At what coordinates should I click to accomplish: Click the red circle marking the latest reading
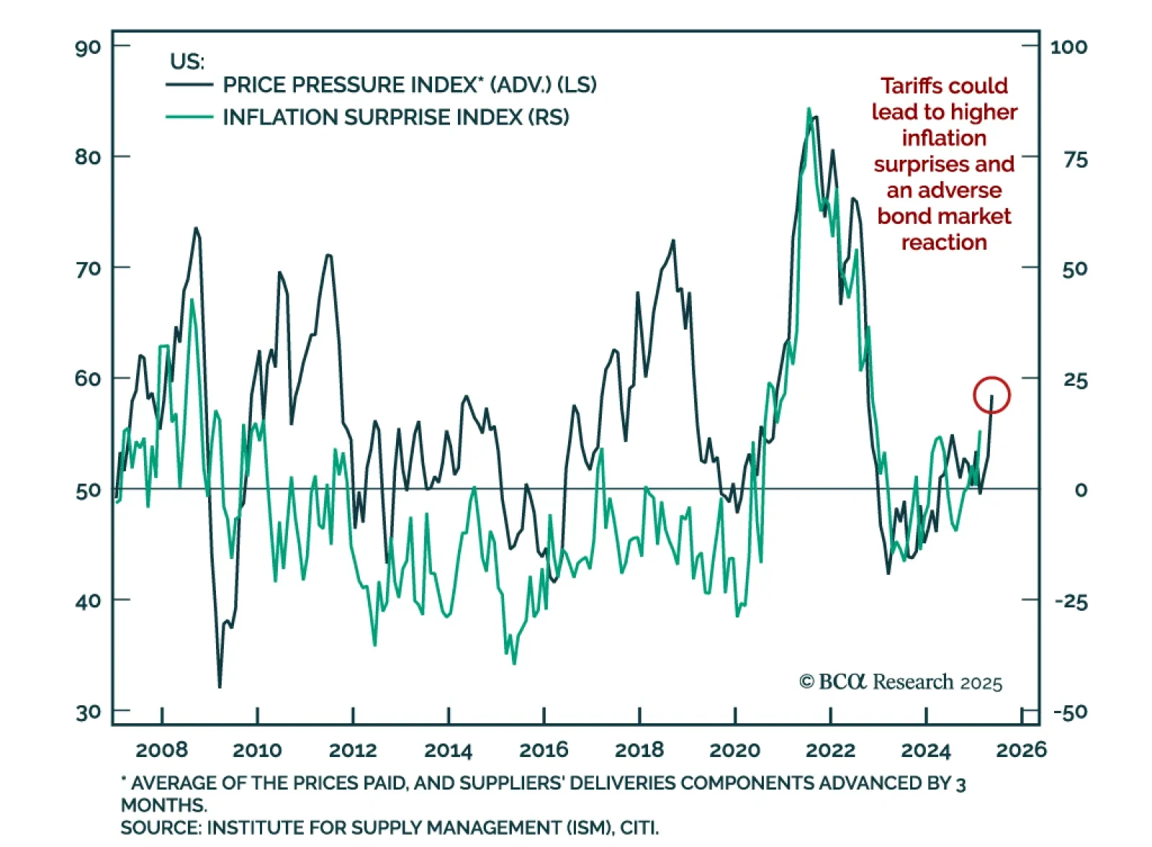(x=991, y=395)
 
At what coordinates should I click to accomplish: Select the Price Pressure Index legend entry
(x=409, y=85)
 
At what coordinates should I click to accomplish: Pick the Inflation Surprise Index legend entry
(x=395, y=117)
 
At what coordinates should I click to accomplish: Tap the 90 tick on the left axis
(x=88, y=47)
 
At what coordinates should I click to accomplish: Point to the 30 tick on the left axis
(x=88, y=712)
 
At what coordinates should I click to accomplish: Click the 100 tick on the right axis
(x=1068, y=47)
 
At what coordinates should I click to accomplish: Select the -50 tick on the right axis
(x=1070, y=712)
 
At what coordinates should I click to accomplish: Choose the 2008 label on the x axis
(x=161, y=750)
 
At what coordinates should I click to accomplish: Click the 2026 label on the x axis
(x=1020, y=750)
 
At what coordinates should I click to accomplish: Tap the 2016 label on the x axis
(x=544, y=750)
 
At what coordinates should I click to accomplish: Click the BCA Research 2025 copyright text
(x=901, y=681)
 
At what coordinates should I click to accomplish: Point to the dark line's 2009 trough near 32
(x=220, y=687)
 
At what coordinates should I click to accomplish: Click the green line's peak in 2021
(x=809, y=109)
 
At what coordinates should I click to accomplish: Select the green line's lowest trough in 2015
(x=514, y=663)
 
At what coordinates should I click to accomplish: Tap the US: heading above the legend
(x=187, y=61)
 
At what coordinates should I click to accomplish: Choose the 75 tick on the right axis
(x=1076, y=160)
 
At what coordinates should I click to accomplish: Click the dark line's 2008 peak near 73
(x=196, y=228)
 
